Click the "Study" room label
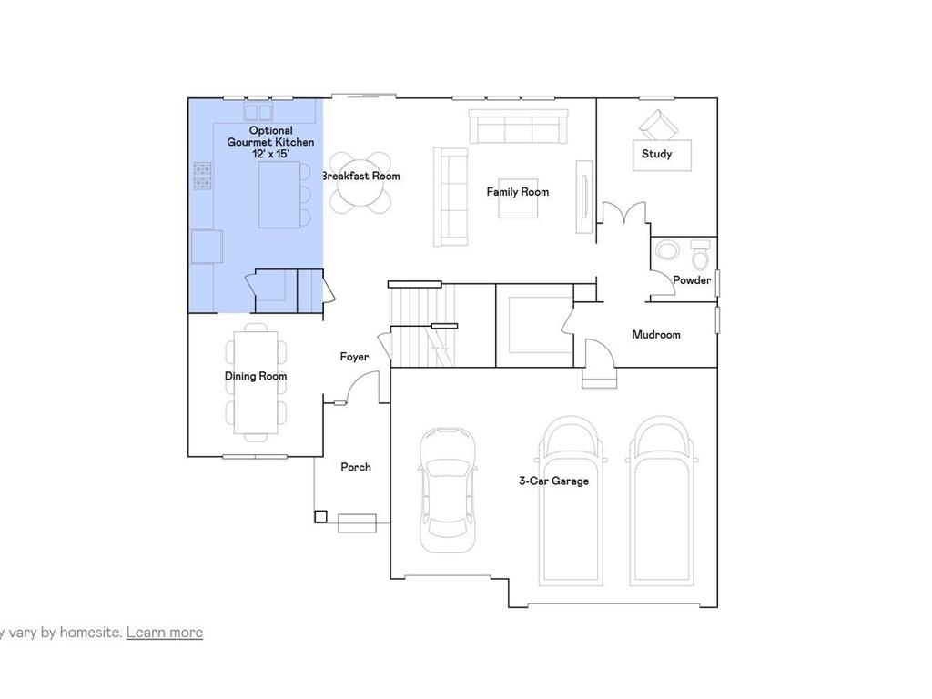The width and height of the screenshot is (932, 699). coord(656,154)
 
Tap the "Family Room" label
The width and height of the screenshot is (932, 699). coord(517,192)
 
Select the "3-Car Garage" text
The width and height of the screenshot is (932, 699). coord(553,481)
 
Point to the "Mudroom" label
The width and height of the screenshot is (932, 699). coord(656,335)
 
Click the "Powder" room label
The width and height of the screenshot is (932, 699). coord(692,280)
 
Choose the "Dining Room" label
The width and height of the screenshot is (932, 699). coord(256,376)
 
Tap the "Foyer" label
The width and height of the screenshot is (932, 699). coord(354,357)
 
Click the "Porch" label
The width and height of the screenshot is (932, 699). coord(356,467)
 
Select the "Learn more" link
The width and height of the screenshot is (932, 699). coord(165,632)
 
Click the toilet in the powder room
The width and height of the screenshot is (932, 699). coord(699,254)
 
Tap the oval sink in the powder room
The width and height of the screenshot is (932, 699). coord(668,251)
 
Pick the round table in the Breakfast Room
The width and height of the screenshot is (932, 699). coord(359,182)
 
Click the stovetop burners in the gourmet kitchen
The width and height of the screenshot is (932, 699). coord(202,175)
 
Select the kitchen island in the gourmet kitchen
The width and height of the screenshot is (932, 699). coord(279,194)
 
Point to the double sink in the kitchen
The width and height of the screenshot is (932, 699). coord(258,112)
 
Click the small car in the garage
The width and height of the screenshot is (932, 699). coord(447,490)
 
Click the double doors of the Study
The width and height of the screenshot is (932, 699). coord(623,215)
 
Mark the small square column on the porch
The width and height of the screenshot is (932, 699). coord(320,517)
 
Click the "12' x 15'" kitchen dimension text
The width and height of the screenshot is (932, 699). coord(270,154)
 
